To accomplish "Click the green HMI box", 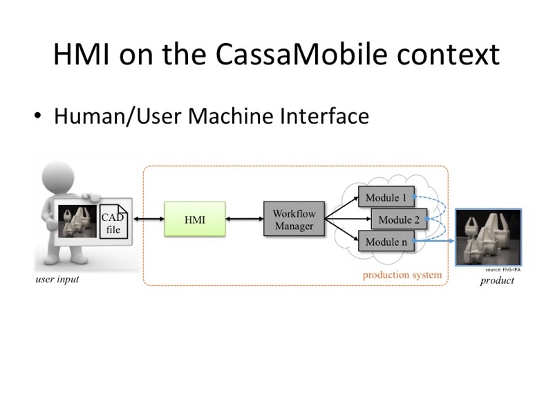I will click(195, 219).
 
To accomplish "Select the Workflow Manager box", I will click(294, 219).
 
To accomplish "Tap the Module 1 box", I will click(386, 198).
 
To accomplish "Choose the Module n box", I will click(386, 242).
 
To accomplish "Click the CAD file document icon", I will click(113, 221).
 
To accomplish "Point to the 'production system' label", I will click(402, 275).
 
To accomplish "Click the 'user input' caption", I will click(57, 280).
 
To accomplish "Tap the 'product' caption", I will click(496, 280).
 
